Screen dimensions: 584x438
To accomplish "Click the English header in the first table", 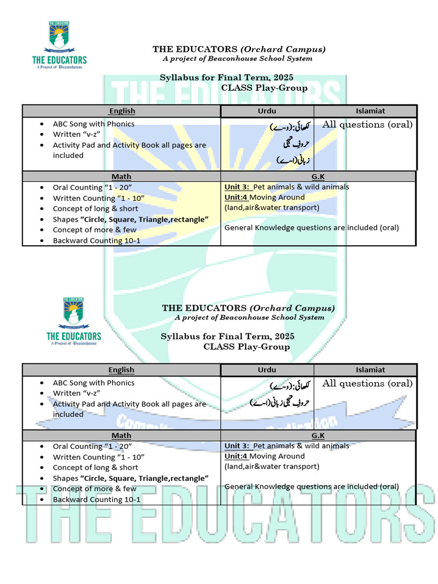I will click(121, 111).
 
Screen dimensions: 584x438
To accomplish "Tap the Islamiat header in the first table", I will click(370, 111).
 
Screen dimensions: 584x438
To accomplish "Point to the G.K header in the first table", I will click(318, 177).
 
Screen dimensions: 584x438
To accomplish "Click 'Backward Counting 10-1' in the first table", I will click(96, 241).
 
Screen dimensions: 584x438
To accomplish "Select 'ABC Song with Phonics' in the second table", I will click(94, 383).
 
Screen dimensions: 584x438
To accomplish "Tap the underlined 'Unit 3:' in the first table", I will click(237, 187).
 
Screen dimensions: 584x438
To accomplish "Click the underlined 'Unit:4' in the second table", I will click(236, 456).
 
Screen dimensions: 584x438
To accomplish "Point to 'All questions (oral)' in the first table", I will click(367, 124).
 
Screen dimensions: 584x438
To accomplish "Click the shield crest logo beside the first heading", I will click(59, 38).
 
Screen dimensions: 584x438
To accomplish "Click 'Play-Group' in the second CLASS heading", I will click(264, 347).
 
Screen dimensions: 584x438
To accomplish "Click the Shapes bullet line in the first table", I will click(131, 220).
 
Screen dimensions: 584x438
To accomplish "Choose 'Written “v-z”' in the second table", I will click(75, 393).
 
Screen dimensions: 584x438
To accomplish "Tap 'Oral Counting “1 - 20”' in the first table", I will click(92, 187).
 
